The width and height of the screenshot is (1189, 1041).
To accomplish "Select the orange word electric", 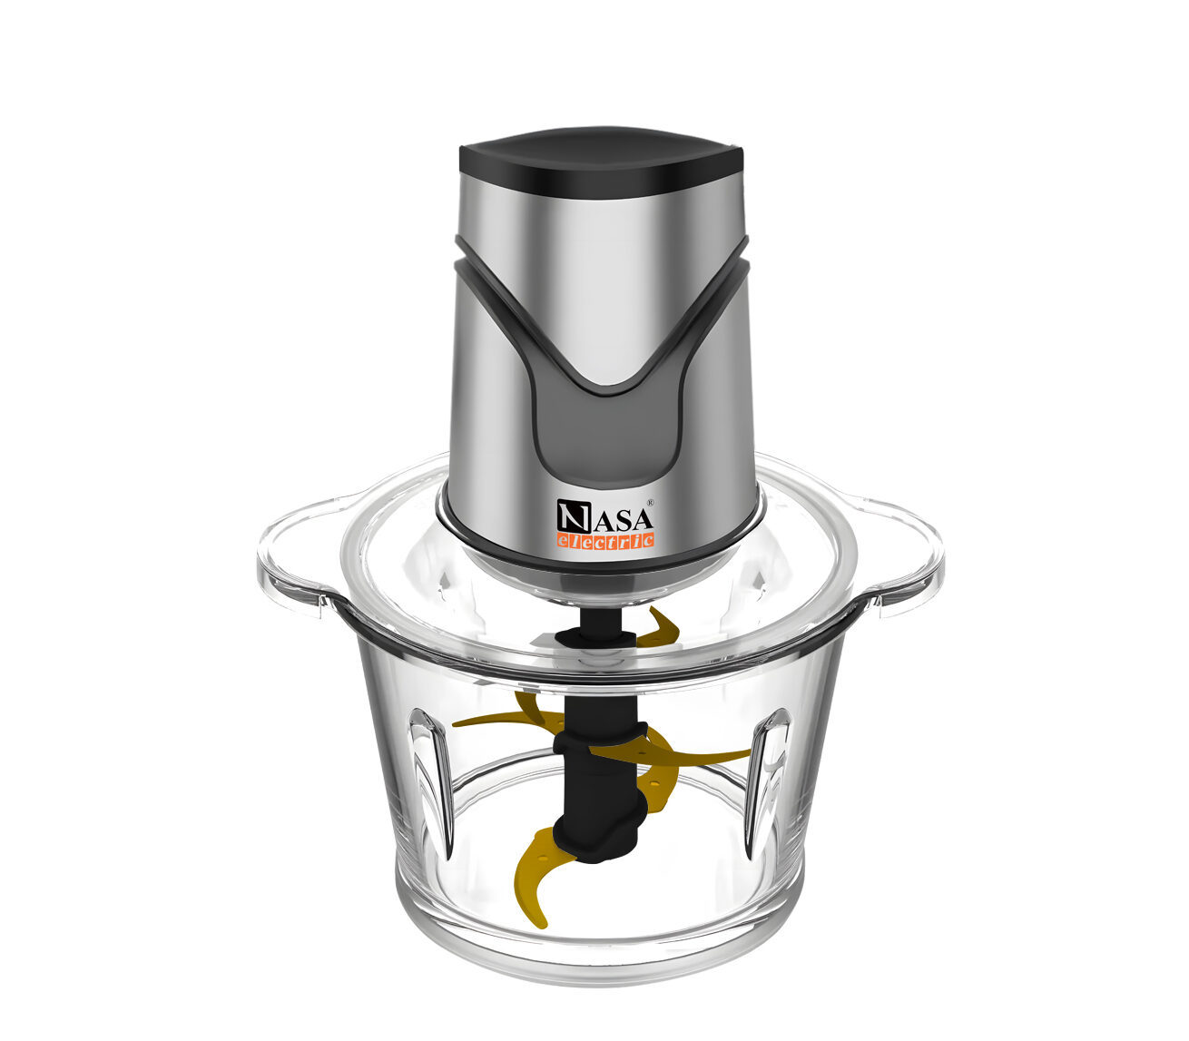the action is coord(605,540).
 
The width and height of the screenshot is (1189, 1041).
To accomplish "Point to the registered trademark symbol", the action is coord(650,501).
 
